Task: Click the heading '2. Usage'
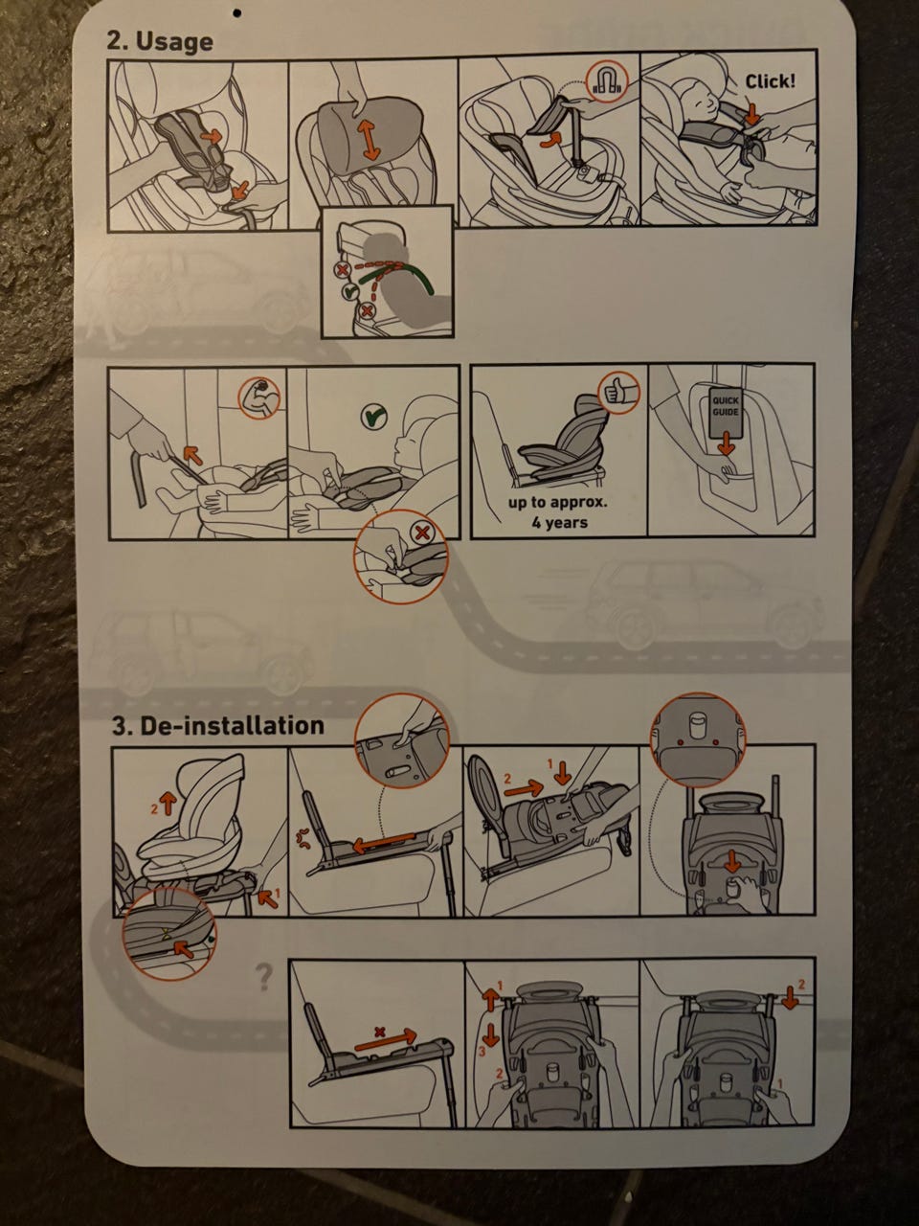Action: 160,41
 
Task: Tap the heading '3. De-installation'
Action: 218,725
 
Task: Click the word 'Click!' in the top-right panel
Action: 771,81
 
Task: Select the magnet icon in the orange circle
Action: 607,81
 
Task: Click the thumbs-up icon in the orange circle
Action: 618,393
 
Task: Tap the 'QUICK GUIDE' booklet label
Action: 725,406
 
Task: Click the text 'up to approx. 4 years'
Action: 558,512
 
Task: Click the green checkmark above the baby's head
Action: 374,416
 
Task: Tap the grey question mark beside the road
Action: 264,977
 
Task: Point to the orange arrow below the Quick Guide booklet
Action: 725,443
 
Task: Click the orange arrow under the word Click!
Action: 752,113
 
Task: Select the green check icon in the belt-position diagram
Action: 348,290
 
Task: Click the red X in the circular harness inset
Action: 423,533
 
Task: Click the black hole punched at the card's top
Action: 237,11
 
